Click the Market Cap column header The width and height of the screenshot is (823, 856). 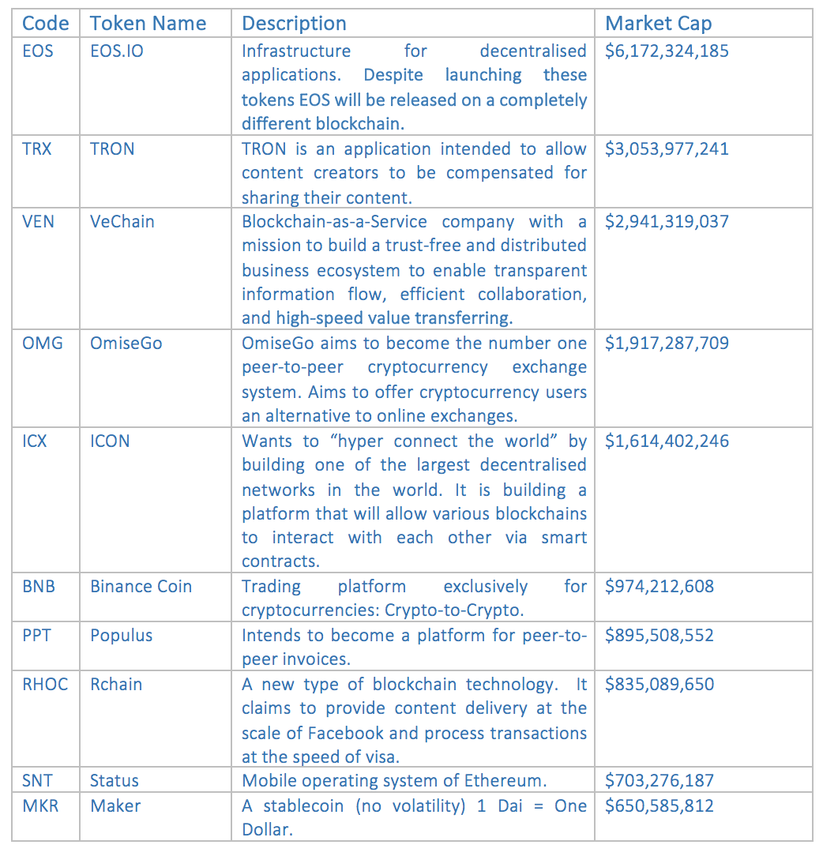point(658,24)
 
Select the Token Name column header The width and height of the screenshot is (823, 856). point(148,24)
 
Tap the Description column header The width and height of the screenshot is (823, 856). point(294,24)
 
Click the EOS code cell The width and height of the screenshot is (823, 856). point(38,51)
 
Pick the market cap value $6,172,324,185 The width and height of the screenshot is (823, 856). point(667,51)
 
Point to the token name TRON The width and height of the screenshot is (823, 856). point(112,149)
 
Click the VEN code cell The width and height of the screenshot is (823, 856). point(39,222)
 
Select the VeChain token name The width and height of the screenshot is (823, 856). point(122,222)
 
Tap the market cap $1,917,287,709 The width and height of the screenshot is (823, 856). point(667,344)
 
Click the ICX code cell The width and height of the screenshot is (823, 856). point(35,441)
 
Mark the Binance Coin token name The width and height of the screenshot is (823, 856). point(141,587)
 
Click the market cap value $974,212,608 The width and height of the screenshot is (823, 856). point(659,587)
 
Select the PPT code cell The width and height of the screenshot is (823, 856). point(36,636)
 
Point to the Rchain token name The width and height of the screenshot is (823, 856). point(116,685)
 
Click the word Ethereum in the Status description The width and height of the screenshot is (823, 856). point(503,781)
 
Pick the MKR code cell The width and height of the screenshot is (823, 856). point(39,806)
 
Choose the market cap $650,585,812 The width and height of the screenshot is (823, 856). point(659,806)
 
